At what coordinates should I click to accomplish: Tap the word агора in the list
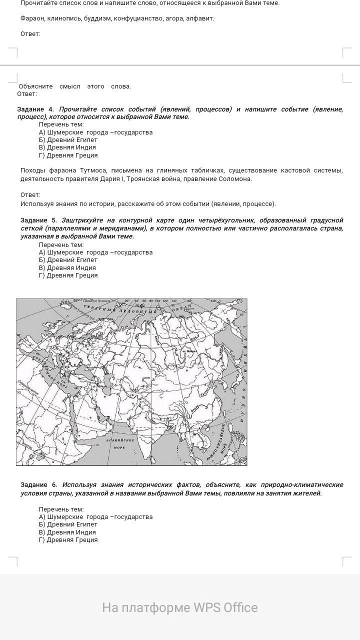point(175,18)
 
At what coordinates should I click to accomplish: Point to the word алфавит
point(201,18)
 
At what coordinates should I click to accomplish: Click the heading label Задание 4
point(35,109)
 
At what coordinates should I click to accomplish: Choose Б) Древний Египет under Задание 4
point(68,140)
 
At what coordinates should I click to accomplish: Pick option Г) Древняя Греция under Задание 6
point(68,539)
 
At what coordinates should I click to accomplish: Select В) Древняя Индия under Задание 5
point(67,267)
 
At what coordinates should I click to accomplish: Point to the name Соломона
point(235,178)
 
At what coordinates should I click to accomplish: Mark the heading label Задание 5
point(38,220)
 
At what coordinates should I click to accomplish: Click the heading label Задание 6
point(38,484)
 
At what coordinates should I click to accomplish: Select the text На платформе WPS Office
point(180,607)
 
